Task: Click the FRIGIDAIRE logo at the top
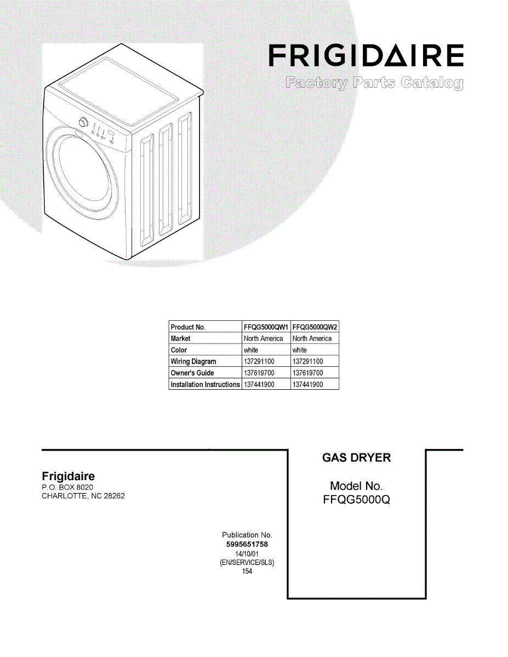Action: click(x=366, y=56)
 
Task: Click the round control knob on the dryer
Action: click(x=83, y=122)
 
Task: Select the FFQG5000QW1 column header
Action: click(x=266, y=327)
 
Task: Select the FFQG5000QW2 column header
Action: click(x=315, y=327)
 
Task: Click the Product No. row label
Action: click(x=188, y=327)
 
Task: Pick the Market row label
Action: click(x=180, y=339)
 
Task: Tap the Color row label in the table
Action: click(x=179, y=350)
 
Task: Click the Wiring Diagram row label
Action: click(x=193, y=362)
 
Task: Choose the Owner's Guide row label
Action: click(x=192, y=373)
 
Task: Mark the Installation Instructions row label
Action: click(x=205, y=384)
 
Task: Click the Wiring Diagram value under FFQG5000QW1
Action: click(x=259, y=362)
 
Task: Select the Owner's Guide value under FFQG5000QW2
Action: click(x=308, y=373)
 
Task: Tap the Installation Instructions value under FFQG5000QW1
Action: click(x=259, y=384)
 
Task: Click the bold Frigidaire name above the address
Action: click(x=69, y=476)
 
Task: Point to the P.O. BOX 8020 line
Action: click(x=68, y=487)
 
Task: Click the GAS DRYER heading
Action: click(x=357, y=458)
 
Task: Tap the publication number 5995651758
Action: click(x=247, y=545)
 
